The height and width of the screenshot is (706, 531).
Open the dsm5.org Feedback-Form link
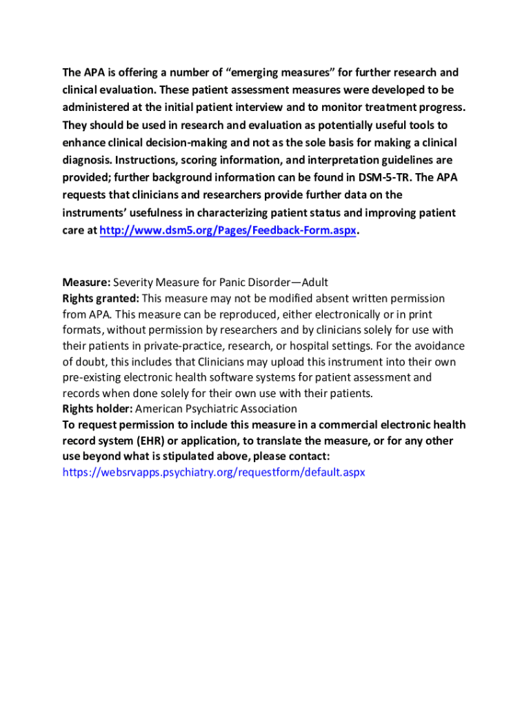[x=228, y=231]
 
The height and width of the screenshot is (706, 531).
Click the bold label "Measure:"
[x=86, y=283]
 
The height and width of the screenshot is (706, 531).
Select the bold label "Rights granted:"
[x=101, y=299]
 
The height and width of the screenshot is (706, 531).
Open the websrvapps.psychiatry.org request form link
[x=213, y=472]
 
